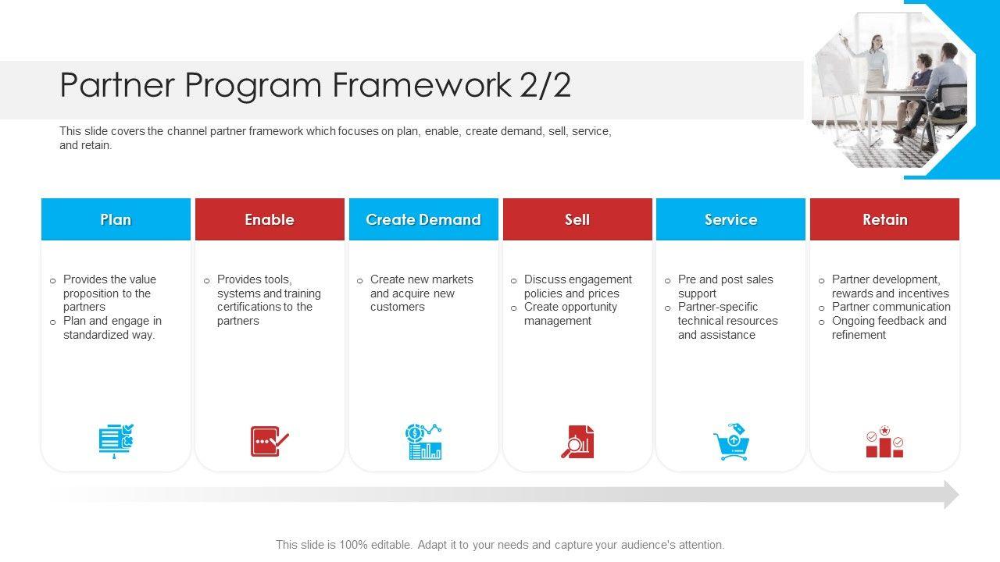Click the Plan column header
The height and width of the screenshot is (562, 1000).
(116, 219)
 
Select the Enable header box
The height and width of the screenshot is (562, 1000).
(270, 219)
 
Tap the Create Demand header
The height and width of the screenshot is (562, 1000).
(423, 219)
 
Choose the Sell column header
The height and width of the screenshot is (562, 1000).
(577, 219)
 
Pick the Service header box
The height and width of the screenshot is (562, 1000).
(730, 219)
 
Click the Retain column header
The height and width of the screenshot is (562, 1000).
(885, 219)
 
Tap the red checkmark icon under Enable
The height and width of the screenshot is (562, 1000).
(270, 441)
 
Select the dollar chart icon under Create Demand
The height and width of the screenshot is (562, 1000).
(423, 441)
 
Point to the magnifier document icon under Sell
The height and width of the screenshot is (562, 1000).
(577, 442)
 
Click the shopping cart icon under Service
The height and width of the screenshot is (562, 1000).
(731, 442)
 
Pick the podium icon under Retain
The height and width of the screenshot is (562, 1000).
(885, 442)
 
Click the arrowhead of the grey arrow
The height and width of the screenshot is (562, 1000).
(952, 495)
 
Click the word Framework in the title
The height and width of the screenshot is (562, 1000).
(422, 85)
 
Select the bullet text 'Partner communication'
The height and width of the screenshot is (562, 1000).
(891, 307)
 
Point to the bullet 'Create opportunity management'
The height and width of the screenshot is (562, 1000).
(570, 314)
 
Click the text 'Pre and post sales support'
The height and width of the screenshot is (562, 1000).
(726, 286)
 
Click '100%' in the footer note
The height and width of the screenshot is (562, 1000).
(353, 545)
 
